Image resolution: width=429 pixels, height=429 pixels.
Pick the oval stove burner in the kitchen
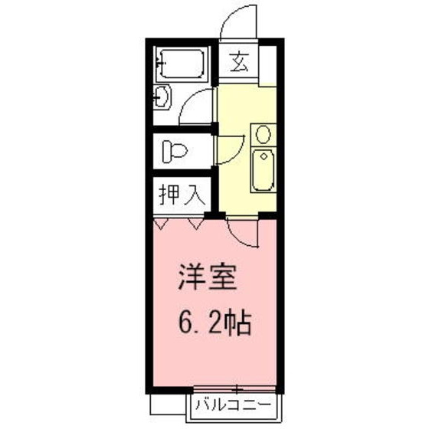263,135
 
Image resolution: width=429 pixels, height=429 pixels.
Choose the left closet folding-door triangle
162,223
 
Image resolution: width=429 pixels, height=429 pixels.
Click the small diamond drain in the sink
263,158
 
